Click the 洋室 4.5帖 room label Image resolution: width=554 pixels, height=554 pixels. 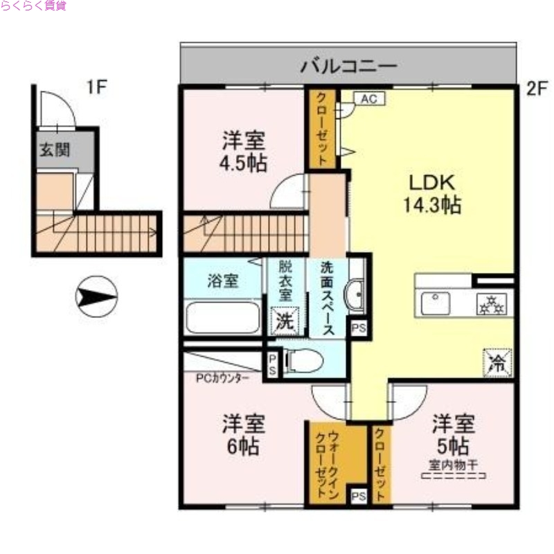coord(244,152)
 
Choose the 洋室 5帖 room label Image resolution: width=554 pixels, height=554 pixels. coord(454,433)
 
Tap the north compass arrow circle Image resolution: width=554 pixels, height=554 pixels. coord(96,296)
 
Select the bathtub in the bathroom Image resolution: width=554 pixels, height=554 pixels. coord(223,318)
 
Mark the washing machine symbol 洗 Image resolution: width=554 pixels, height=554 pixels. coord(285,321)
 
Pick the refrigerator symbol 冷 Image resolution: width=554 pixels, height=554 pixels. coord(497,360)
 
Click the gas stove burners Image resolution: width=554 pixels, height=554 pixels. coord(492,303)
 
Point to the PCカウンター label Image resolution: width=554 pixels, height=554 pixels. coord(224,379)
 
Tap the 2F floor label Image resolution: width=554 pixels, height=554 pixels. coord(536,88)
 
